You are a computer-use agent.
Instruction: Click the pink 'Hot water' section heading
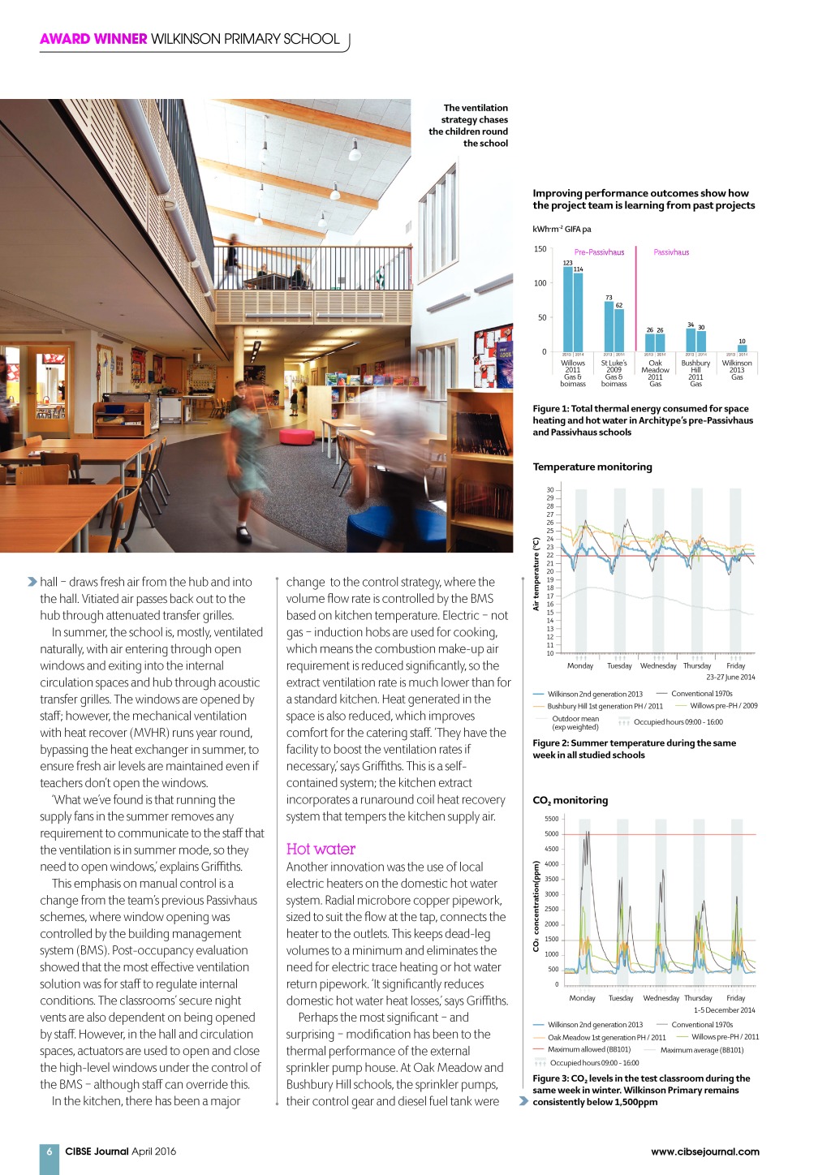pos(321,849)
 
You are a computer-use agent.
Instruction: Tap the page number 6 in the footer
pos(49,1151)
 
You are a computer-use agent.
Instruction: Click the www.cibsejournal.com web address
pos(704,1151)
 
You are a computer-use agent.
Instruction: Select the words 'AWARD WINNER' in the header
pos(93,39)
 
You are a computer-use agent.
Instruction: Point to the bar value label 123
pos(567,263)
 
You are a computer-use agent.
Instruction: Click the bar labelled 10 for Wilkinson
pos(742,349)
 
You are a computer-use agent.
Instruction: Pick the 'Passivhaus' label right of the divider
pos(671,252)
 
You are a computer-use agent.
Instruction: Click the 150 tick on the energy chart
pos(540,249)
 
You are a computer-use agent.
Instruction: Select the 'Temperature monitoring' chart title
pos(592,467)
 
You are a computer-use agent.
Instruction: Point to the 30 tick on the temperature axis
pos(550,490)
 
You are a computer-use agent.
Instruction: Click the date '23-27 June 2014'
pos(730,677)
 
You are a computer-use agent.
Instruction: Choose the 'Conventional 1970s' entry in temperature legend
pos(701,694)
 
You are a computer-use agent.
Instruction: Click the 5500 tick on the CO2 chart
pos(551,819)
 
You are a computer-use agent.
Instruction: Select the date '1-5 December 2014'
pos(724,1010)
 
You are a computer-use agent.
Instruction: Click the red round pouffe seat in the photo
pos(296,437)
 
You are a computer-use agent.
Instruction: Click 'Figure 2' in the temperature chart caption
pos(551,743)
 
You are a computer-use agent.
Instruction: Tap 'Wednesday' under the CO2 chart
pos(661,998)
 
